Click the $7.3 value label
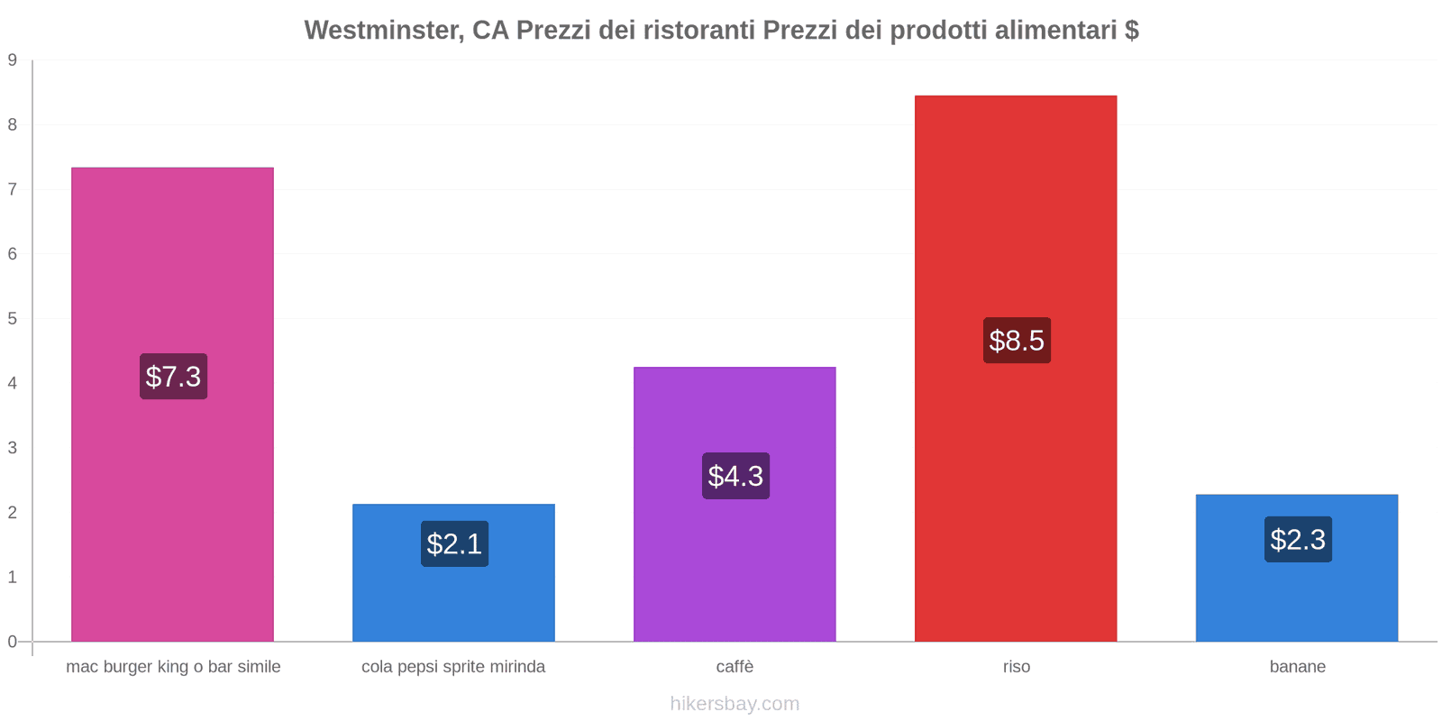pyautogui.click(x=173, y=377)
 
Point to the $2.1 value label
pyautogui.click(x=454, y=544)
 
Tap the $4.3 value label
pyautogui.click(x=735, y=476)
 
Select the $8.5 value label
pyautogui.click(x=1017, y=341)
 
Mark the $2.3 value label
pyautogui.click(x=1298, y=540)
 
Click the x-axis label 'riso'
pyautogui.click(x=1017, y=667)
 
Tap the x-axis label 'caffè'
pyautogui.click(x=735, y=667)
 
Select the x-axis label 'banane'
pyautogui.click(x=1298, y=667)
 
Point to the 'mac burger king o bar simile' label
pyautogui.click(x=173, y=667)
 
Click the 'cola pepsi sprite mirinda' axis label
pyautogui.click(x=453, y=667)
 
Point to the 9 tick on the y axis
pyautogui.click(x=13, y=60)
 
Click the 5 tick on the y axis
pyautogui.click(x=13, y=319)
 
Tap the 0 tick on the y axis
pyautogui.click(x=13, y=642)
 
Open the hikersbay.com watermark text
pyautogui.click(x=735, y=704)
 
